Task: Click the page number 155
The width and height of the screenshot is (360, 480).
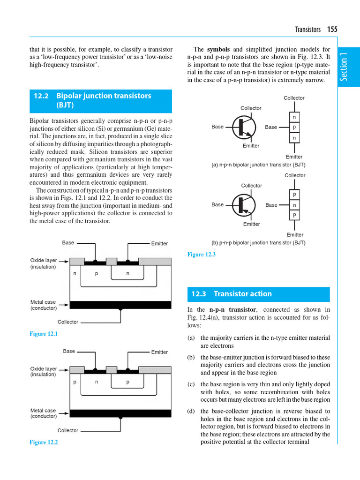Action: click(332, 29)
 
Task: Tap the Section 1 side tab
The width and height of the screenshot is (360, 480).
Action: click(345, 67)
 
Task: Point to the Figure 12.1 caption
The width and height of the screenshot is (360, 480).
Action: click(44, 334)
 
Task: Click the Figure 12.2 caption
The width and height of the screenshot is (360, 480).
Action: click(44, 442)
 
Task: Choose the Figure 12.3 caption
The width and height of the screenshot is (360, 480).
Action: click(201, 254)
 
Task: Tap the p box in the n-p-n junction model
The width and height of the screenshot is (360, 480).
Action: click(294, 127)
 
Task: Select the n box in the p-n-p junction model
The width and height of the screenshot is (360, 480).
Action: click(294, 205)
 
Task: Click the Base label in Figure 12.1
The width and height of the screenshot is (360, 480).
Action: click(68, 243)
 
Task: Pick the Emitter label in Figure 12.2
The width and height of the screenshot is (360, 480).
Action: click(159, 352)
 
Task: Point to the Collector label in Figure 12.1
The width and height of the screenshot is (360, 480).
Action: click(68, 322)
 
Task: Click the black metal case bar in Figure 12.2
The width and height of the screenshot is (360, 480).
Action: click(120, 413)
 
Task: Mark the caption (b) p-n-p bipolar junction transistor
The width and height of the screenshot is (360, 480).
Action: click(258, 243)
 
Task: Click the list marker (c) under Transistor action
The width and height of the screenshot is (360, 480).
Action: click(191, 384)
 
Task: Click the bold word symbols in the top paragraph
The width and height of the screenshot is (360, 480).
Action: click(218, 49)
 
